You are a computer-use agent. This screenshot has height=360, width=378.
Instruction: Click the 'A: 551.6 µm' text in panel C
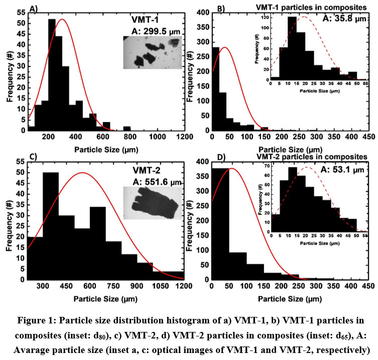(x=153, y=183)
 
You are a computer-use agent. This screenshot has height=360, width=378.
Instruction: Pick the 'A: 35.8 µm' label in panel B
(x=342, y=18)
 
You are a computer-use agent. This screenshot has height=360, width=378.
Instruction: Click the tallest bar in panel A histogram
(x=52, y=75)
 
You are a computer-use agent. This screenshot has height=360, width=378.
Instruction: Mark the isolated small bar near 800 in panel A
(x=127, y=128)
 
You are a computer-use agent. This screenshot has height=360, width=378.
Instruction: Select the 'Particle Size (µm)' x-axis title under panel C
(x=106, y=298)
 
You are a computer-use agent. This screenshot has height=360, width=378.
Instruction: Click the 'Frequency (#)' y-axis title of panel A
(x=9, y=71)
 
